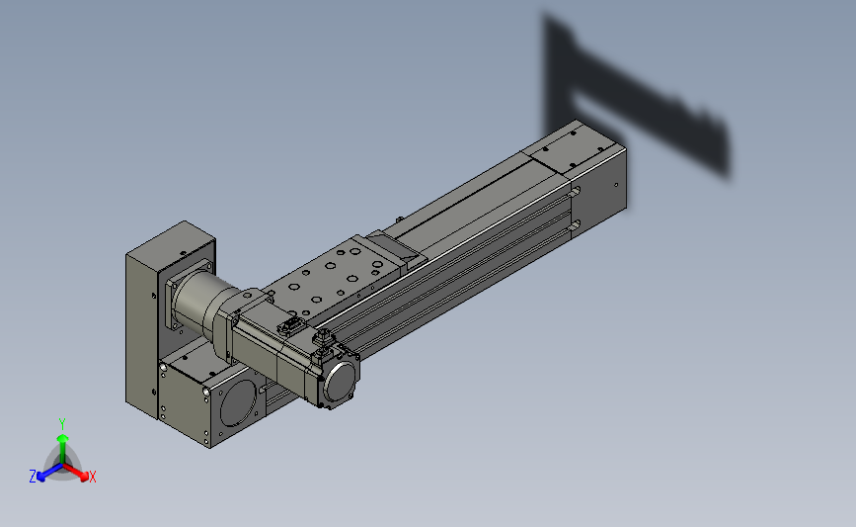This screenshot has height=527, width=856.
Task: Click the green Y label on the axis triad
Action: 62,424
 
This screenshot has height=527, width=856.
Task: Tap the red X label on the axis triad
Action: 92,477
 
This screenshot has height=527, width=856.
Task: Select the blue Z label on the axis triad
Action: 33,477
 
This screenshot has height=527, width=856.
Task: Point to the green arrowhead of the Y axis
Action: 63,438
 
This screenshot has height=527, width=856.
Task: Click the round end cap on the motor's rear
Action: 342,381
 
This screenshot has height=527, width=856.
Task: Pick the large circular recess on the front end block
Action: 238,403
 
